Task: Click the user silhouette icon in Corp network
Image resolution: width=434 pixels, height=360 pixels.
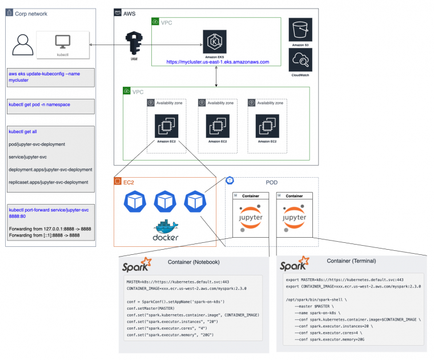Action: click(x=21, y=45)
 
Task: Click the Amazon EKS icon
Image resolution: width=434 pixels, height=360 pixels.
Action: click(x=215, y=42)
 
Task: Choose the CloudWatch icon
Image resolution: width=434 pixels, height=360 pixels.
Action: click(x=300, y=59)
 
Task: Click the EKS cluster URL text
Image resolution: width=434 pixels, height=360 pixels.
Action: click(x=217, y=61)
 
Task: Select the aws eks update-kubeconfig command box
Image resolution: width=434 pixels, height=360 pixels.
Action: click(x=51, y=77)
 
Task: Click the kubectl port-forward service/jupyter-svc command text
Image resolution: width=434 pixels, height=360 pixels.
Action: click(x=50, y=212)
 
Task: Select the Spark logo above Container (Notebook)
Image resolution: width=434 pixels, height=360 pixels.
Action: click(x=138, y=266)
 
